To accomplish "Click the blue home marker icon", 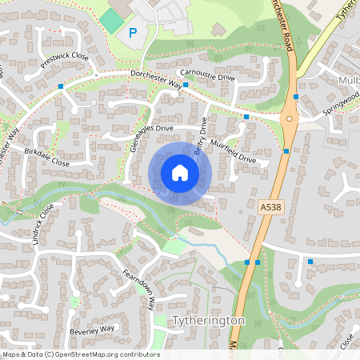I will click(x=179, y=172).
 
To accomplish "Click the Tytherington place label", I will click(x=208, y=320).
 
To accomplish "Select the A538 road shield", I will click(x=271, y=206).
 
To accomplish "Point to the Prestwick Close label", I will click(x=65, y=57).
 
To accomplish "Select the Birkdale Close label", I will click(x=47, y=157).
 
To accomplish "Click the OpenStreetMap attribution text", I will click(x=80, y=354).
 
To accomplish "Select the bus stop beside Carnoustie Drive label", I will click(x=185, y=84).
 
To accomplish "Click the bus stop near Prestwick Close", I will click(x=61, y=85).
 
